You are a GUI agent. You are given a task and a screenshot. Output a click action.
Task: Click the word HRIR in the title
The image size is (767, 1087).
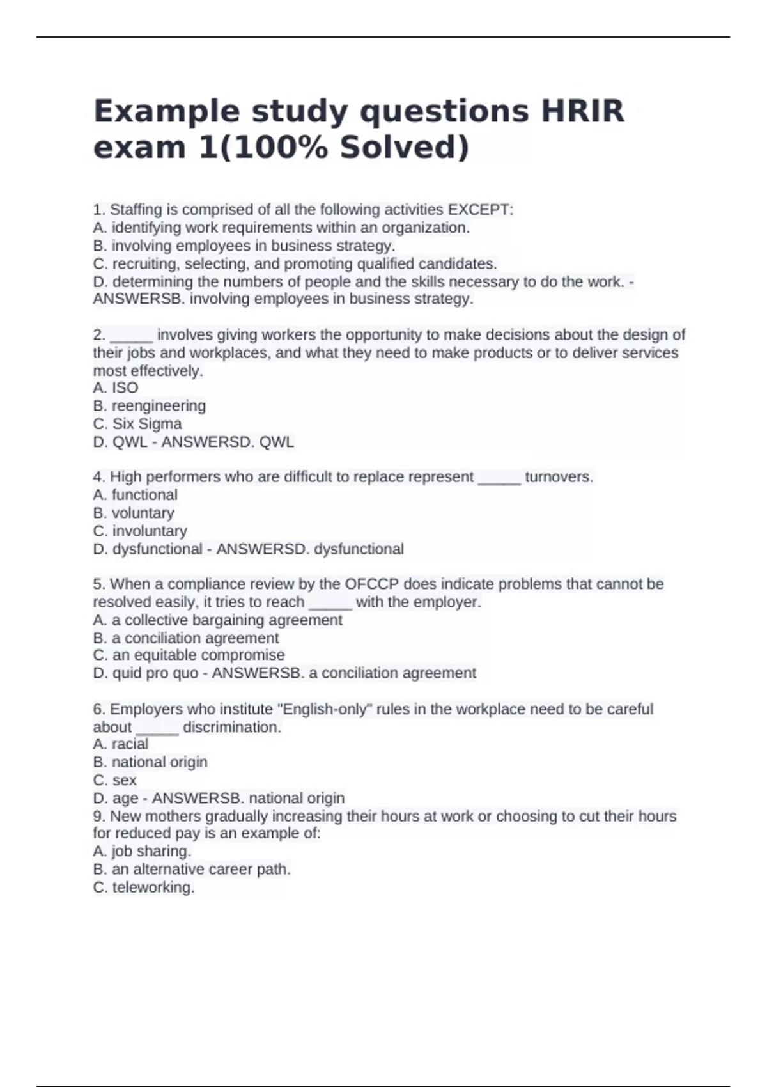pos(582,111)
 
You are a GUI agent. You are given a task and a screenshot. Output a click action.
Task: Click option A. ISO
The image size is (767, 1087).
pos(116,388)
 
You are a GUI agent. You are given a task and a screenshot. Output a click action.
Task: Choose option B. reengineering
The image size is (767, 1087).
pos(150,406)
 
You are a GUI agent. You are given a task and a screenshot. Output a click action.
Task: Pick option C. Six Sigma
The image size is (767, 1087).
pos(137,424)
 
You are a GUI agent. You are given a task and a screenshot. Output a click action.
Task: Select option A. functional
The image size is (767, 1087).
pos(136,495)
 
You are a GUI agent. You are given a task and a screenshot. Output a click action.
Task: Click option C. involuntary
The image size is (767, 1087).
pos(140,531)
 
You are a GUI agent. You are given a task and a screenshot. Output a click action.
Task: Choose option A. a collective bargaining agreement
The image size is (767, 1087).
pos(218,620)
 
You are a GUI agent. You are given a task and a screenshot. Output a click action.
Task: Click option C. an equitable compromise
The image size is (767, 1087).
pos(189,655)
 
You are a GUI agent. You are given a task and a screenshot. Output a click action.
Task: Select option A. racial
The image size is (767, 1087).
pos(121,744)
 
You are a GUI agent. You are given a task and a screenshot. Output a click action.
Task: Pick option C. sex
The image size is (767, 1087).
pos(115,781)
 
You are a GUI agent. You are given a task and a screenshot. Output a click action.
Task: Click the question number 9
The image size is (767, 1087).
pos(98,817)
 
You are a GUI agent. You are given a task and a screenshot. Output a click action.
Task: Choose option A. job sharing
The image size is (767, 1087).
pos(142,852)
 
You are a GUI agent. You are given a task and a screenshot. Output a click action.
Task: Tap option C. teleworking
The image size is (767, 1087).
pos(144,888)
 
